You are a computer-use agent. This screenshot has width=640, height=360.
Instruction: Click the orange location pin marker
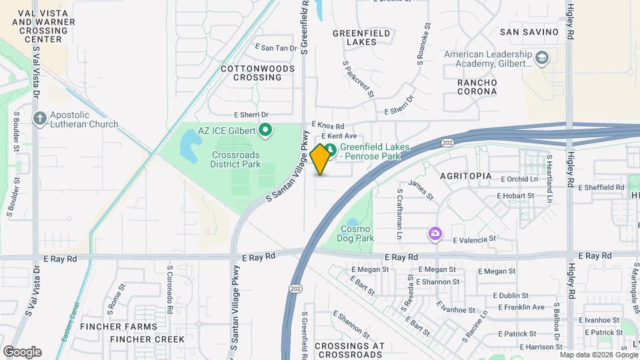point(321,159)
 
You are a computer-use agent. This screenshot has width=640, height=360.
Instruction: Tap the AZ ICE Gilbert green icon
point(265,130)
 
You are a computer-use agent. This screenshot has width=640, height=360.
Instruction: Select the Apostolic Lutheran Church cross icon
point(40,119)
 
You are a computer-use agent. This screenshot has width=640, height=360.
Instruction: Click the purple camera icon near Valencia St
point(435,233)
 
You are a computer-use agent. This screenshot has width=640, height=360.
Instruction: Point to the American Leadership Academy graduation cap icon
point(542,58)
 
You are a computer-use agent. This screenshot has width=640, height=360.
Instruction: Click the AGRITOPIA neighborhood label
point(466,176)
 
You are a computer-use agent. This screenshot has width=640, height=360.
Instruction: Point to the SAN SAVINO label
point(529,32)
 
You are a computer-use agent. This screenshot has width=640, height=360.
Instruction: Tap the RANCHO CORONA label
point(477,87)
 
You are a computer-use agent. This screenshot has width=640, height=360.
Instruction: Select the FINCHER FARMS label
point(119,327)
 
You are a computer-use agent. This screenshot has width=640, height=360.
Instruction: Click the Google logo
point(22,352)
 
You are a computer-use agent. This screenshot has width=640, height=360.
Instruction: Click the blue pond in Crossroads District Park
point(189,141)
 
